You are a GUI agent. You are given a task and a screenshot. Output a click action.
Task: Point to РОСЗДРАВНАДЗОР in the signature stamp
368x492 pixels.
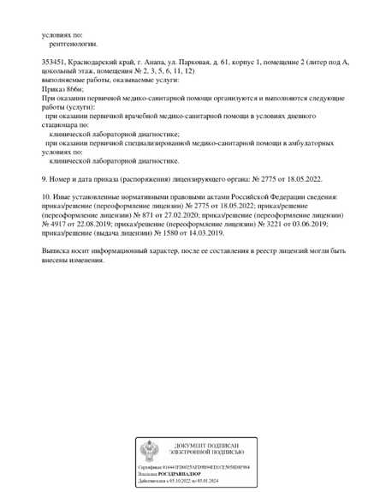click(x=177, y=473)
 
